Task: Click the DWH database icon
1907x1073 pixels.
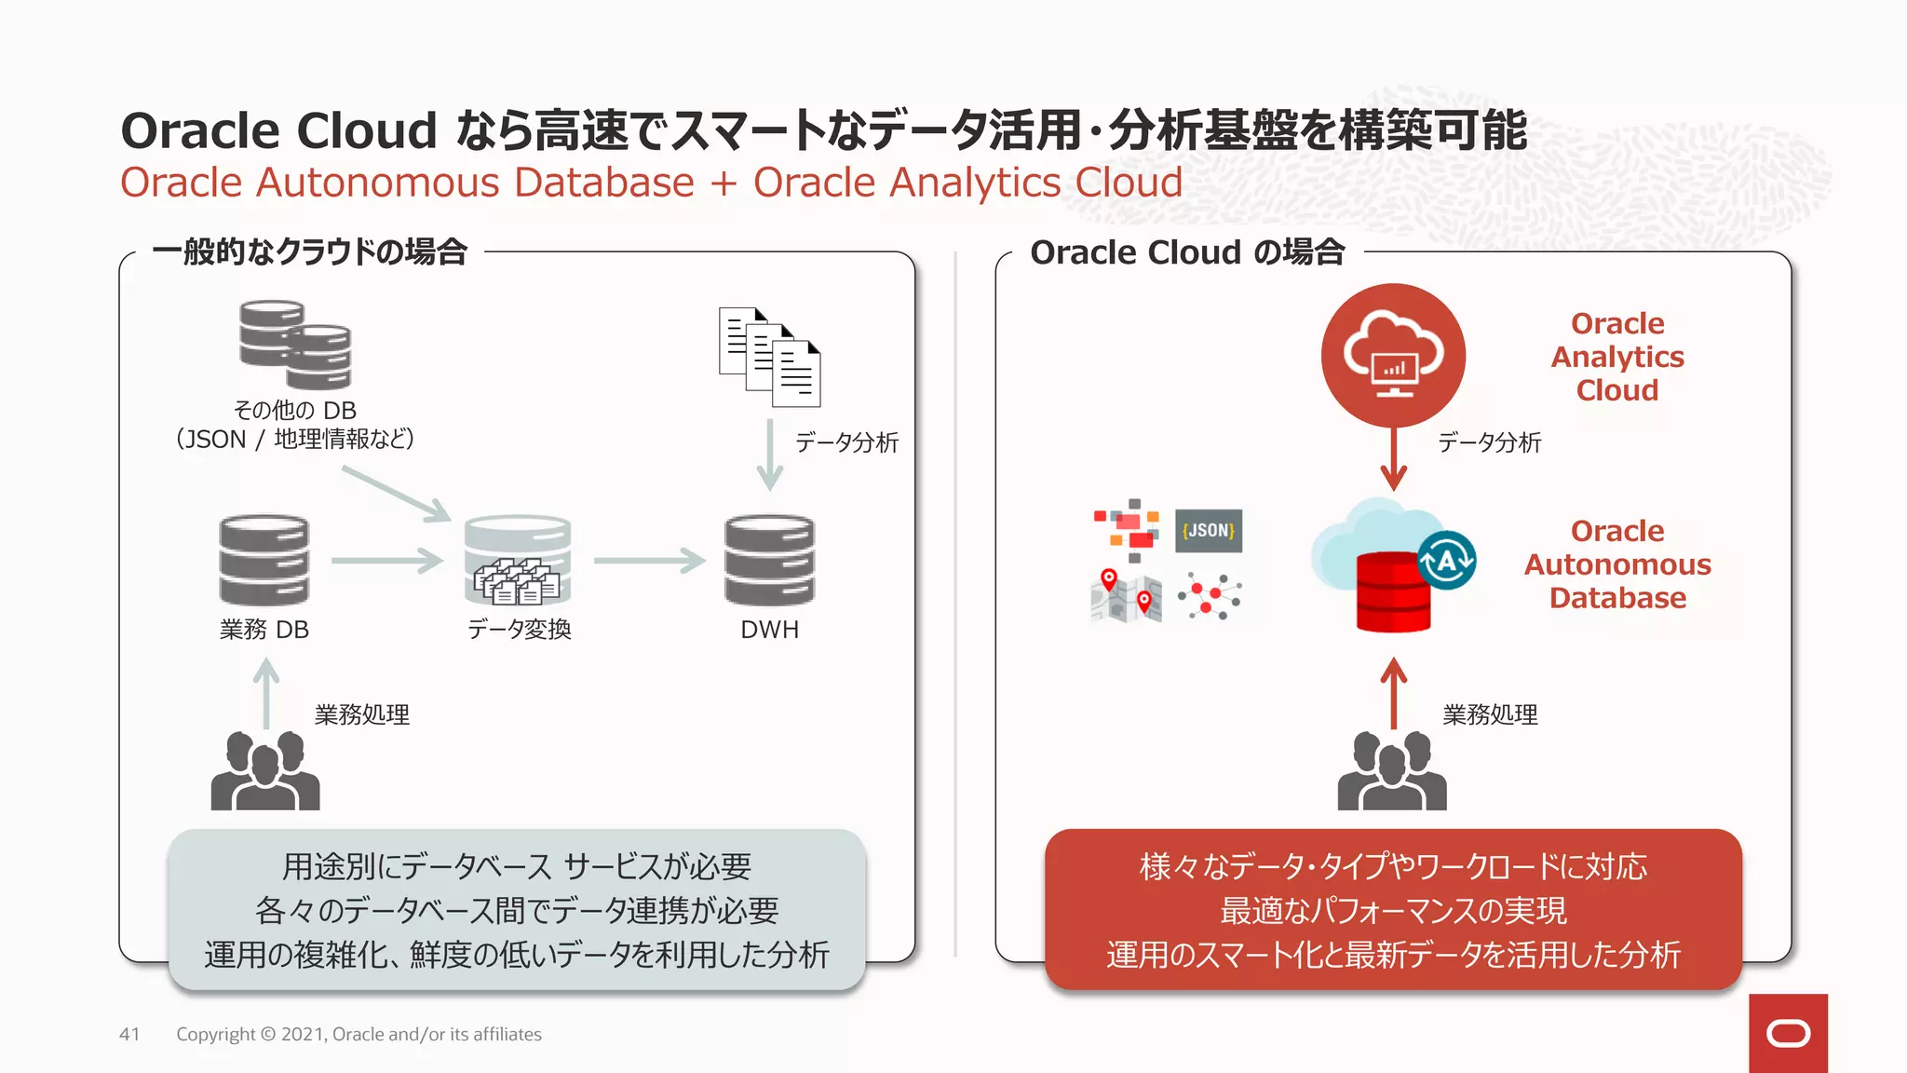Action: coord(769,560)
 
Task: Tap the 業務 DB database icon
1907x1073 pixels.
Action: coord(264,560)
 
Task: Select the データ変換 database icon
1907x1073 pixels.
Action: coord(518,560)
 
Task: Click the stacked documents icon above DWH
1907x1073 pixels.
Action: coord(769,357)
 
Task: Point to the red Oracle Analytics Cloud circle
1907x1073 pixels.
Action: coord(1393,355)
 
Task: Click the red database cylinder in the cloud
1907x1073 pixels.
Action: coord(1393,592)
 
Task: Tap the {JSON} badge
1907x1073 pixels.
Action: coord(1208,531)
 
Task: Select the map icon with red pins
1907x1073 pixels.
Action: coord(1126,596)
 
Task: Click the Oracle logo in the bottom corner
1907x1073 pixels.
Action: coord(1788,1033)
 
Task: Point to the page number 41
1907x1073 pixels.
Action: coord(129,1034)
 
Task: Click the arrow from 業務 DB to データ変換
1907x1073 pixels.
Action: coord(386,561)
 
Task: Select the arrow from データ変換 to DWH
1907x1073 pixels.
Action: coord(649,561)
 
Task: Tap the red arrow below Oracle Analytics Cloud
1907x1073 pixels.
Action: coord(1393,459)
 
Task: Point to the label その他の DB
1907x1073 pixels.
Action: coord(294,410)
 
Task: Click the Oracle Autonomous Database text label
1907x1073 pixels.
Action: coord(1617,564)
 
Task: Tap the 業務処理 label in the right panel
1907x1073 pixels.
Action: coord(1490,714)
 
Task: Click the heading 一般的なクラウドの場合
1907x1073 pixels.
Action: coord(309,252)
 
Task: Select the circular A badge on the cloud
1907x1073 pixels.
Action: coord(1446,561)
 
